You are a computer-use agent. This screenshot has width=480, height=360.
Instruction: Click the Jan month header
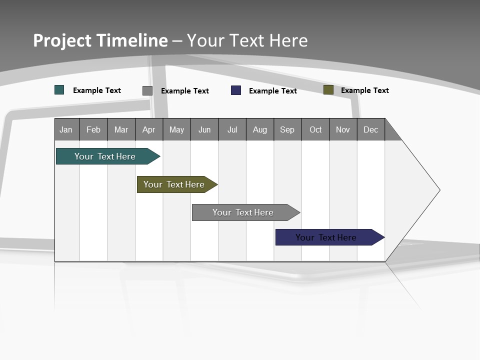(x=66, y=129)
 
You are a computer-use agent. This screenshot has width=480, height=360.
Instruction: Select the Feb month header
(x=93, y=129)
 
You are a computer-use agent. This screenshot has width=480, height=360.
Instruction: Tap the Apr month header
(x=149, y=129)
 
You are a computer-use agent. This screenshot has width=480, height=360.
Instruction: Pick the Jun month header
(x=204, y=129)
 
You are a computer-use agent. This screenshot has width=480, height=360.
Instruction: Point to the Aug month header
(x=260, y=129)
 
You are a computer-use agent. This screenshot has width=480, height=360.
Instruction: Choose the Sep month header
(x=287, y=129)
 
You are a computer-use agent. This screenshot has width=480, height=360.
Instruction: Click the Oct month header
(x=315, y=129)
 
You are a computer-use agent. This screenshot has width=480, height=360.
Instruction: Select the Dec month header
(x=371, y=129)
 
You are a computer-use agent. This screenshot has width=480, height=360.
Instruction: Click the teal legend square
(x=59, y=90)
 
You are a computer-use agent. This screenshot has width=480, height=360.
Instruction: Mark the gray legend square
(x=147, y=90)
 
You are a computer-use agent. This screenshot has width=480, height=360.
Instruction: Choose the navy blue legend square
(x=236, y=90)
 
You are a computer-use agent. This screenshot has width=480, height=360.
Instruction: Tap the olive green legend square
(x=328, y=90)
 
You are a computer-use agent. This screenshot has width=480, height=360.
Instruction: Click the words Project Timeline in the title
(x=100, y=40)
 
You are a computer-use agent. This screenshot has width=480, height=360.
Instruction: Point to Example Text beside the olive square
(x=365, y=90)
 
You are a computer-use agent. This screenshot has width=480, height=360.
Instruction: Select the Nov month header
(x=343, y=129)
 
